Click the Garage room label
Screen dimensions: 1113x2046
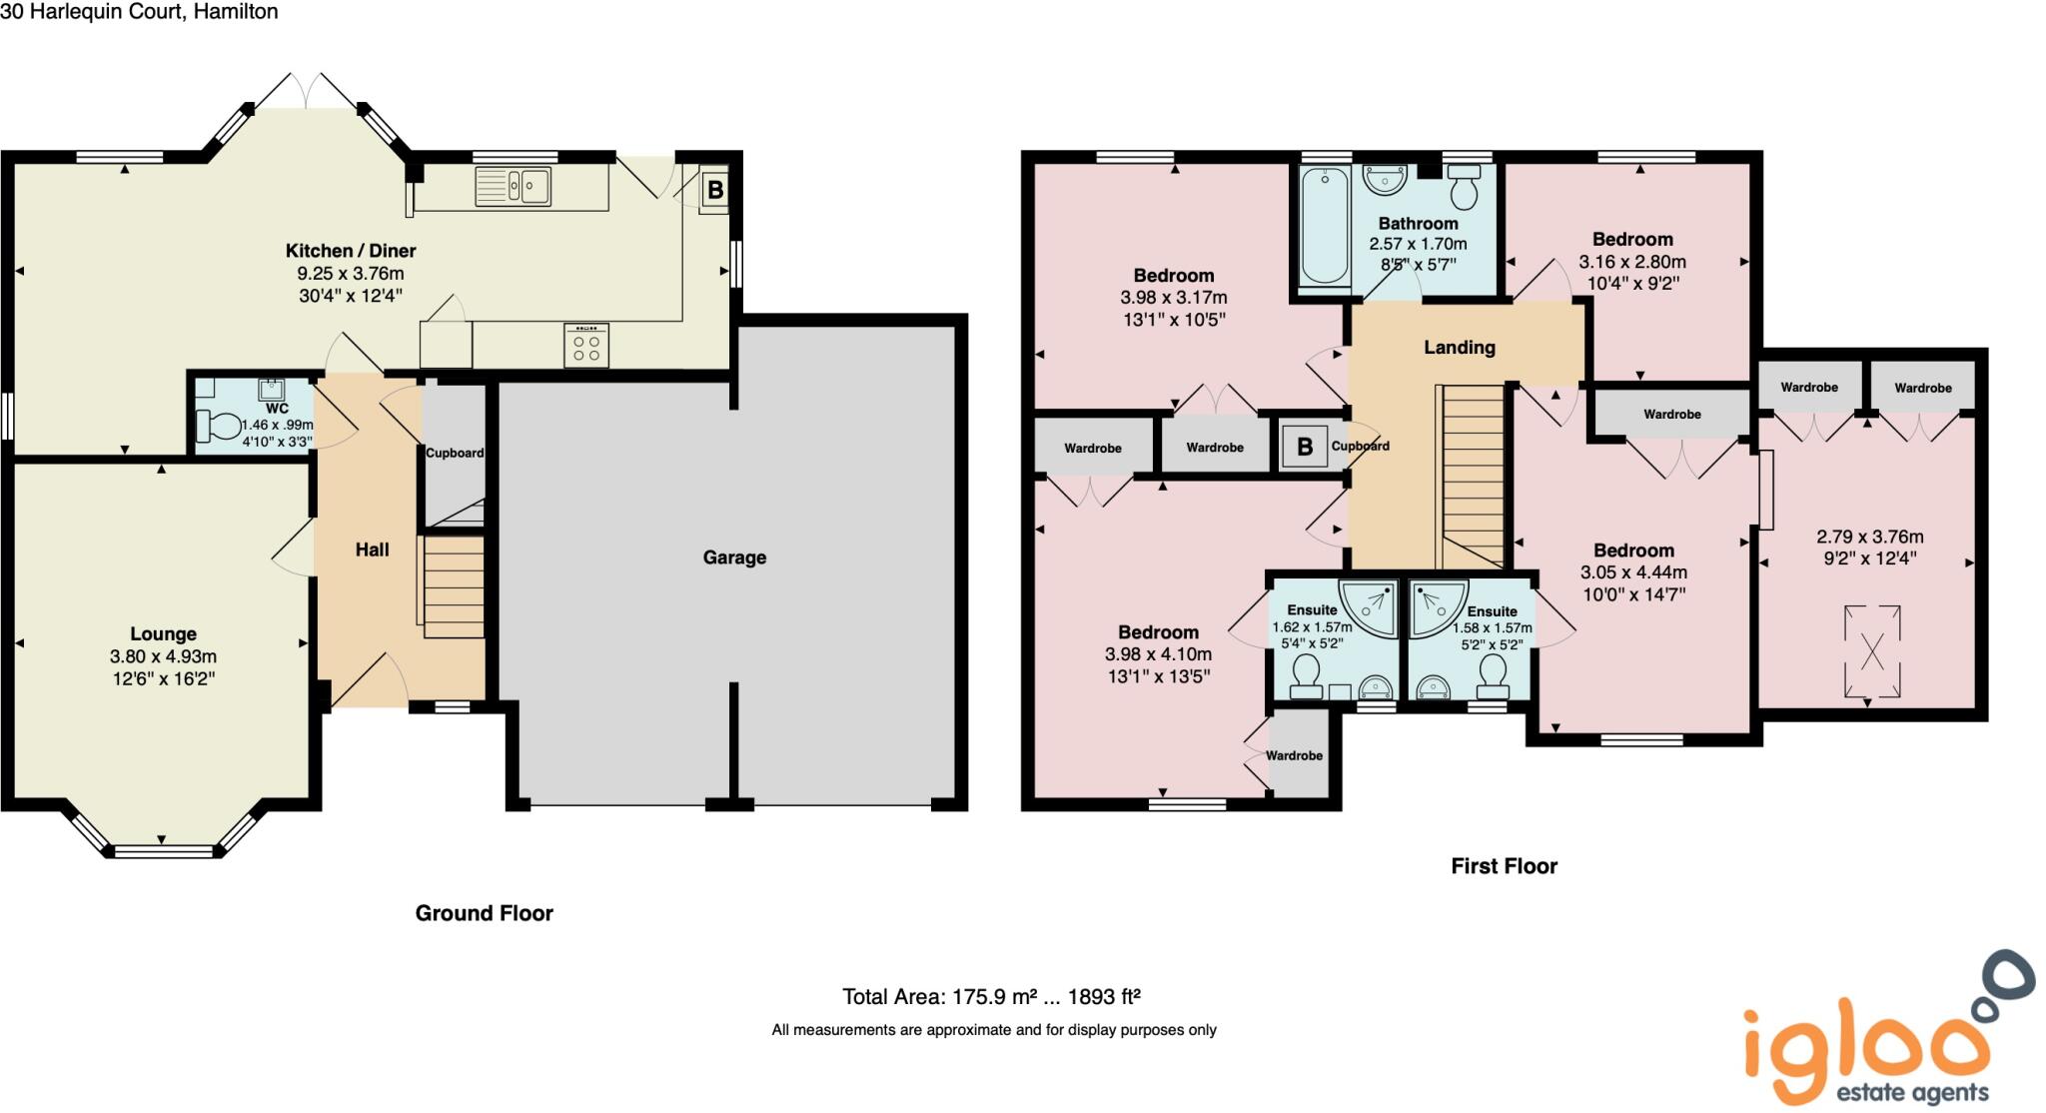(x=734, y=557)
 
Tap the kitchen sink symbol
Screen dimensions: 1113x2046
(x=512, y=186)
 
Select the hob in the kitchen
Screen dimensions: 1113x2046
(x=586, y=346)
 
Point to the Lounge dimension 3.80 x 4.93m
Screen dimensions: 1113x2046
(x=163, y=656)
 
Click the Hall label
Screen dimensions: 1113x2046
(x=372, y=550)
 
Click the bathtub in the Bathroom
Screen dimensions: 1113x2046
(x=1325, y=226)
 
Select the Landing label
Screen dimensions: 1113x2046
(x=1459, y=348)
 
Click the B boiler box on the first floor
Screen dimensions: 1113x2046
(x=1304, y=447)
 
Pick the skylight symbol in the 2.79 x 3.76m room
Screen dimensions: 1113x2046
(x=1871, y=651)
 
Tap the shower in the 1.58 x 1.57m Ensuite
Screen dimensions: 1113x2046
(x=1437, y=606)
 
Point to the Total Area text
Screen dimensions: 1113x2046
(x=991, y=996)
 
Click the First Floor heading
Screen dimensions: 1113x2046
(x=1504, y=866)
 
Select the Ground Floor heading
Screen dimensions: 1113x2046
(x=484, y=913)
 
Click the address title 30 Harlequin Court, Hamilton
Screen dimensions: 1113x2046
(x=139, y=12)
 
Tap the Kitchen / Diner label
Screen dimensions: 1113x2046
(x=351, y=251)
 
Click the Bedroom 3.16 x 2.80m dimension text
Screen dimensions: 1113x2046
(x=1631, y=262)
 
